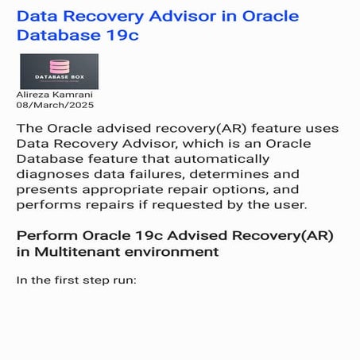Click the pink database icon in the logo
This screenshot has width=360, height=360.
pos(58,67)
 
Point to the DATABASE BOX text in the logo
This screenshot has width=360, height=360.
pos(58,78)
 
